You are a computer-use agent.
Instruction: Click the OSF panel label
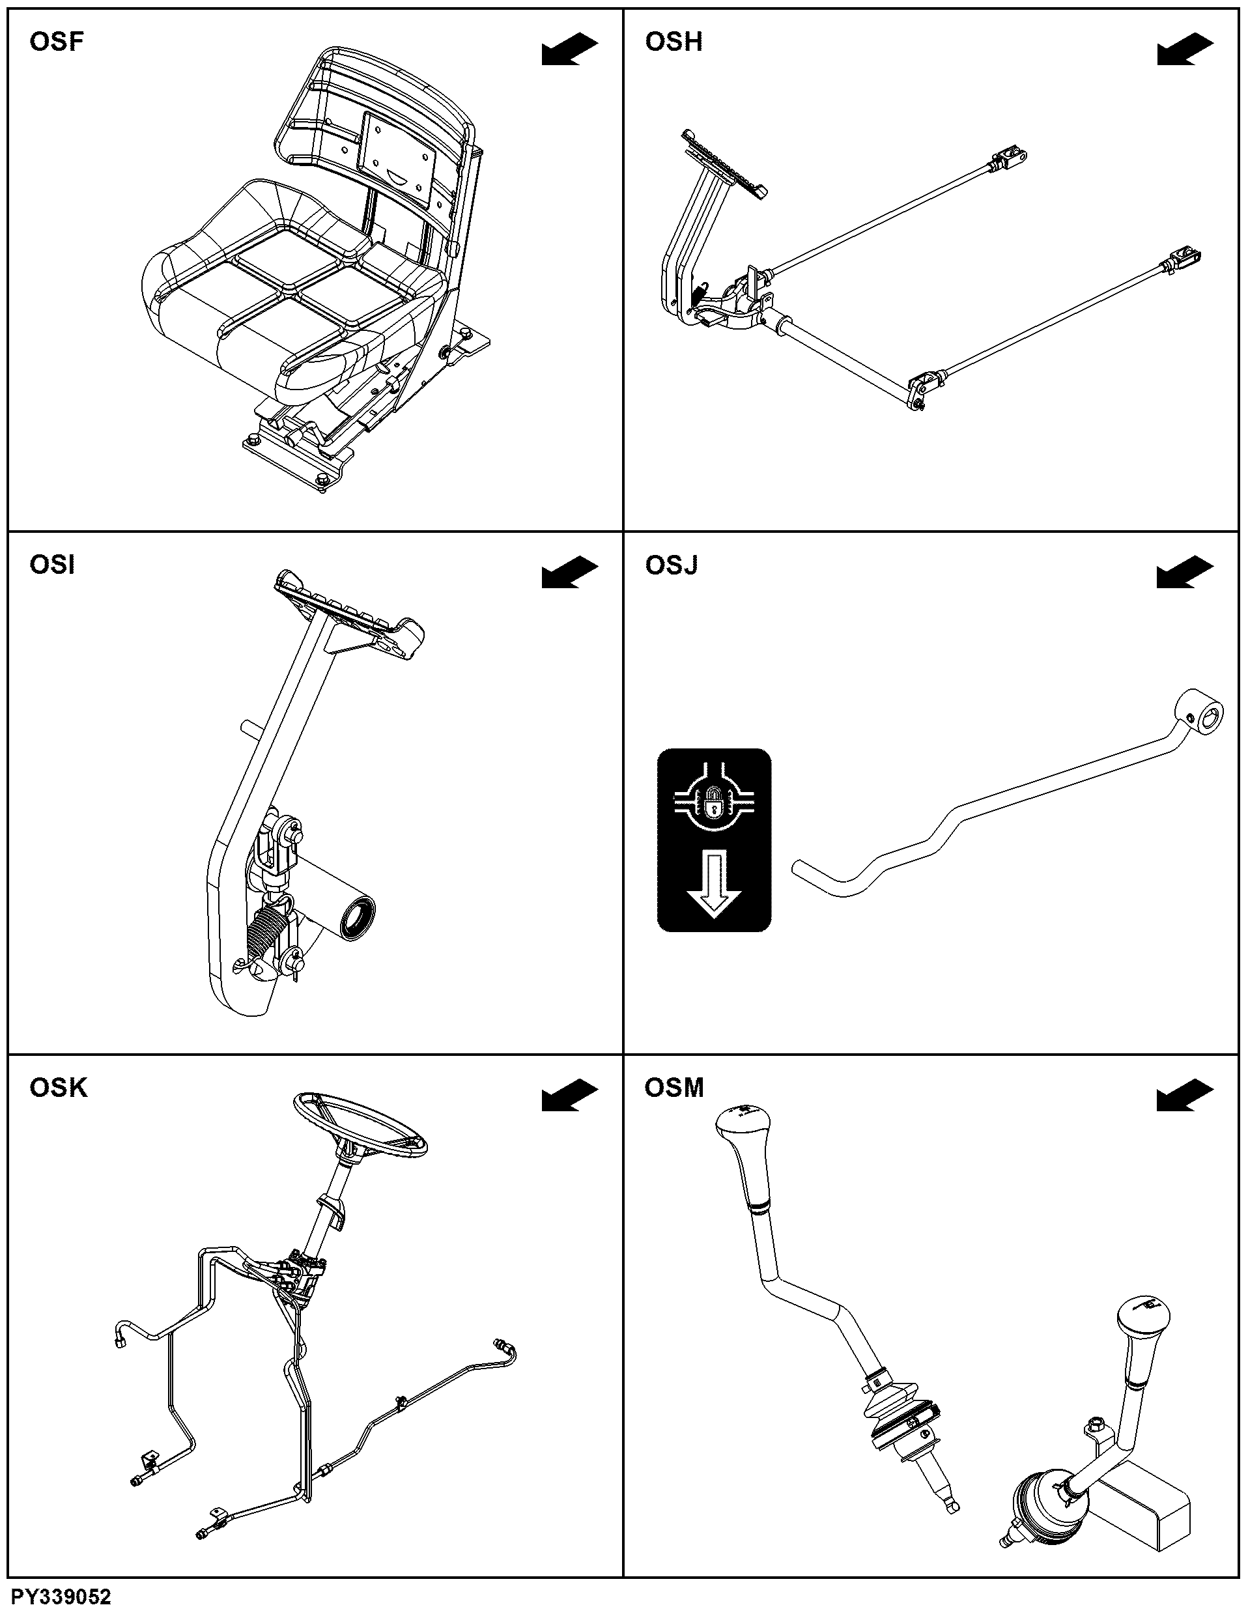[56, 42]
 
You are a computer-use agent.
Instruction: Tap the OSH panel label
[674, 42]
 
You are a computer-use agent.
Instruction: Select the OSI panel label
[52, 565]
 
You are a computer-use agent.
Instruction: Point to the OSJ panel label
[671, 565]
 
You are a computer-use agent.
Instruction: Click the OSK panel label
[58, 1088]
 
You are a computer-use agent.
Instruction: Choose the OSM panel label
[674, 1088]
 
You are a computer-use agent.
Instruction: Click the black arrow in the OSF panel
[569, 50]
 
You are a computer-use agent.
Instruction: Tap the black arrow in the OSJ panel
[1185, 573]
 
